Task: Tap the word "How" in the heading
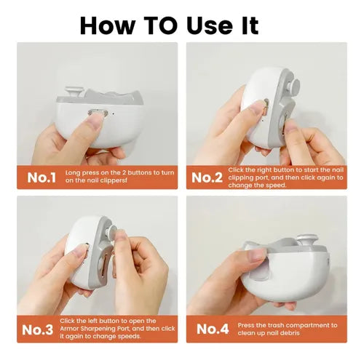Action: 108,25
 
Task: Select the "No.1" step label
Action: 41,177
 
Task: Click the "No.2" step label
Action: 207,177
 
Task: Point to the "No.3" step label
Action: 37,329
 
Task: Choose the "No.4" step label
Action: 213,329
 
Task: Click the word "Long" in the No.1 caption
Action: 73,173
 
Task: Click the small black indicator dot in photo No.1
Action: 113,113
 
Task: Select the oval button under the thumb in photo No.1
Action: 98,112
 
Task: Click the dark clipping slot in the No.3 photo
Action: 105,265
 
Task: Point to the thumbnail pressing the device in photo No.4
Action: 258,254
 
